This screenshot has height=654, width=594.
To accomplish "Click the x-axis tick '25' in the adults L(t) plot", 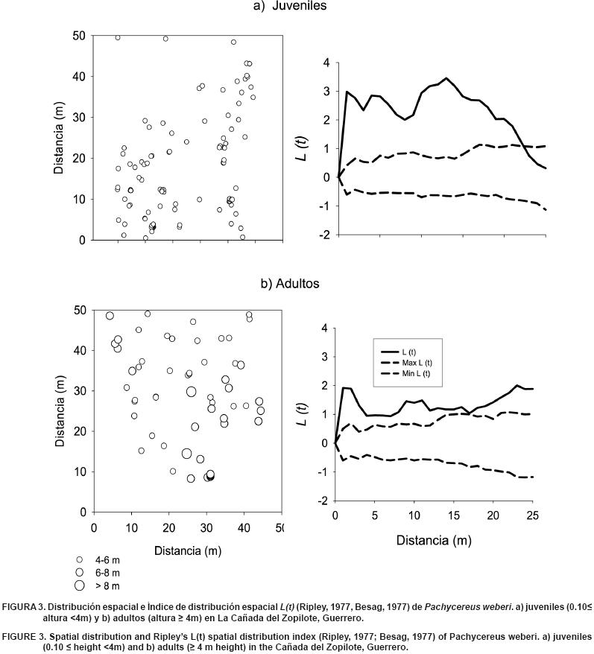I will click(x=531, y=515).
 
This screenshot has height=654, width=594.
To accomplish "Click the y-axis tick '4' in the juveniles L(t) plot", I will click(x=326, y=63).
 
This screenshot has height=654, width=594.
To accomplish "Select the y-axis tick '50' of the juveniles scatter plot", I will click(x=78, y=36).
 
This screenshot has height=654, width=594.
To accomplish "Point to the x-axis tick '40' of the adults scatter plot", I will click(x=243, y=527).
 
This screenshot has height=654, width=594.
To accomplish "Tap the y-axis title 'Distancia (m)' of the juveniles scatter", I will click(x=59, y=138).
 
